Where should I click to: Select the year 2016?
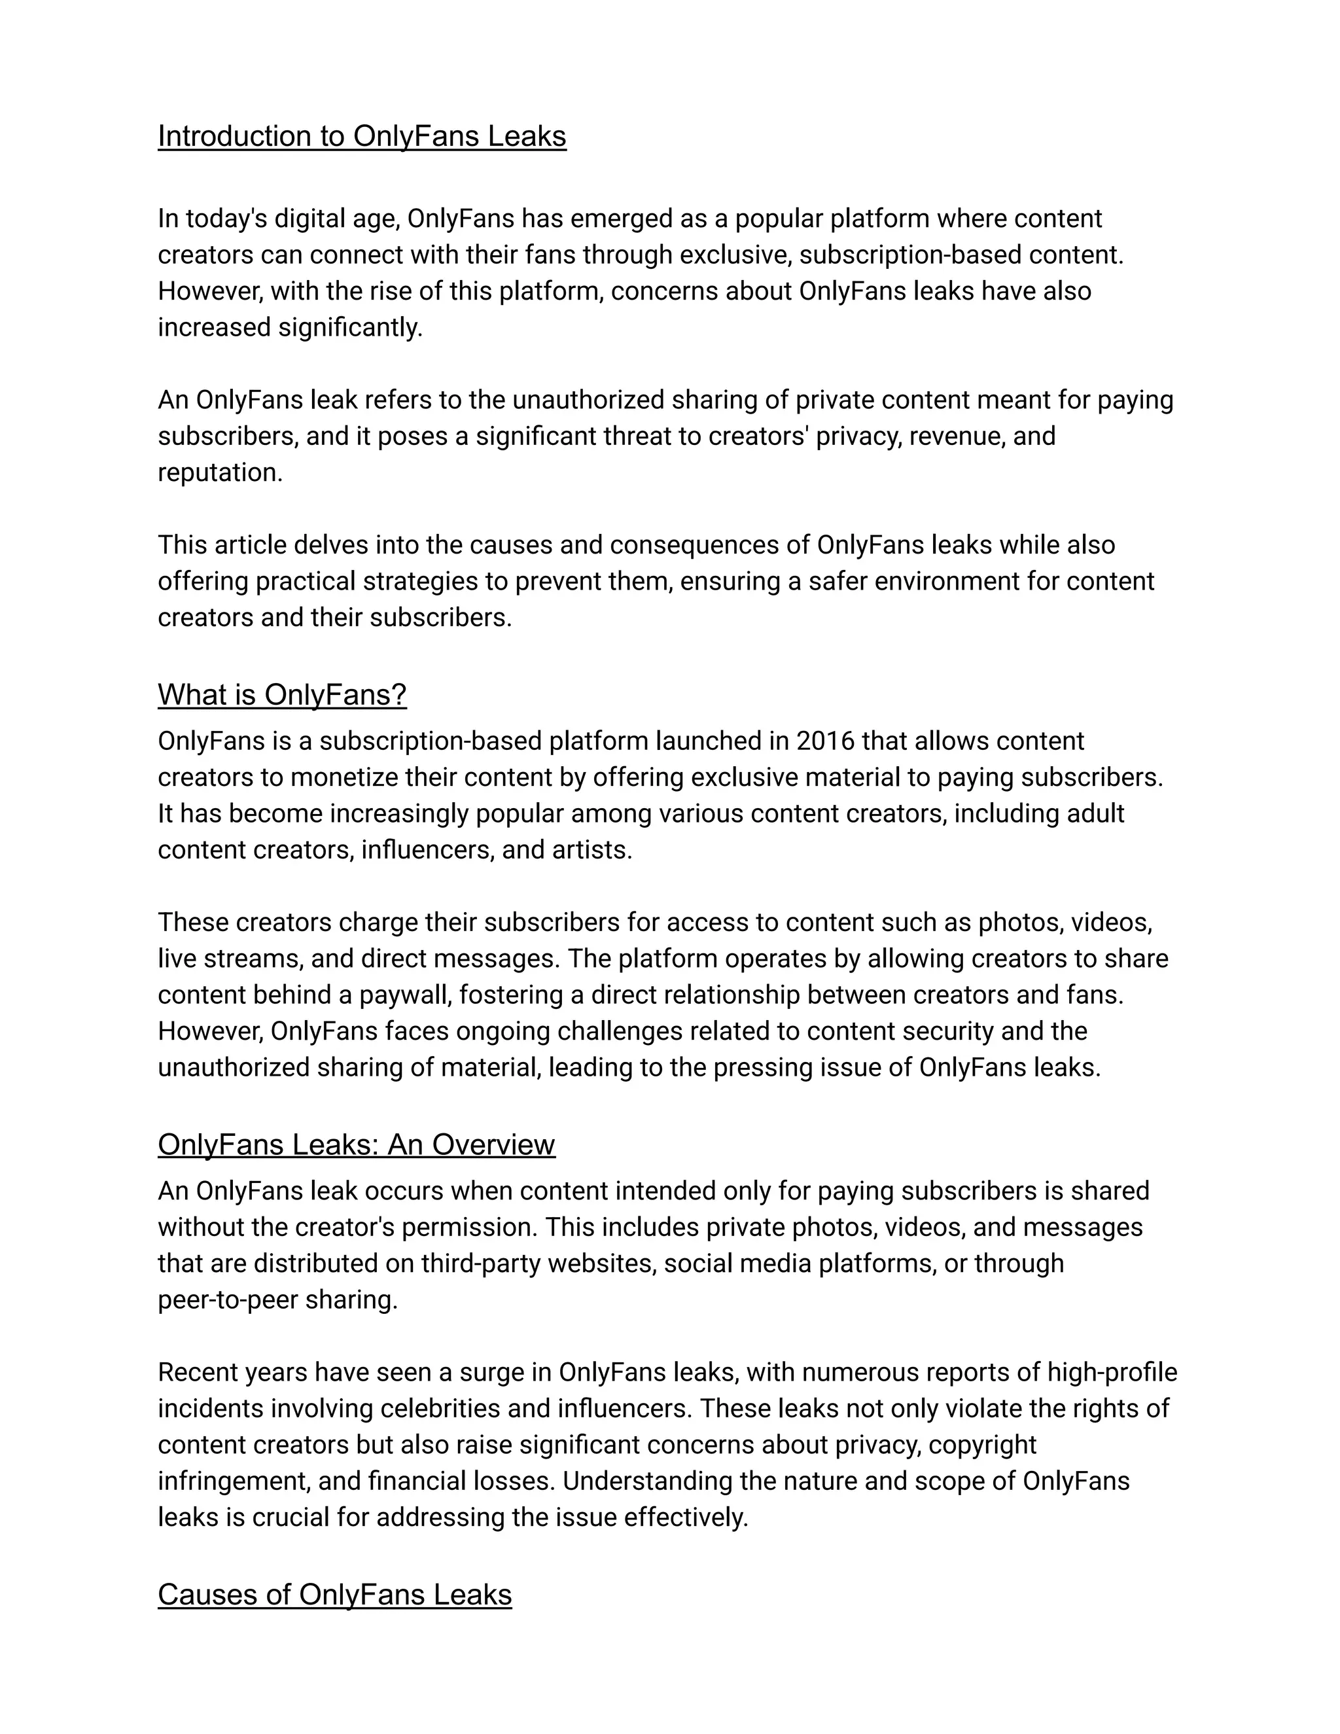[825, 741]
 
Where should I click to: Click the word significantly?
[350, 327]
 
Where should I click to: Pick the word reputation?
[220, 472]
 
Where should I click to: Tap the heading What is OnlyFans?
[282, 695]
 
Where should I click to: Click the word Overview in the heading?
[493, 1145]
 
